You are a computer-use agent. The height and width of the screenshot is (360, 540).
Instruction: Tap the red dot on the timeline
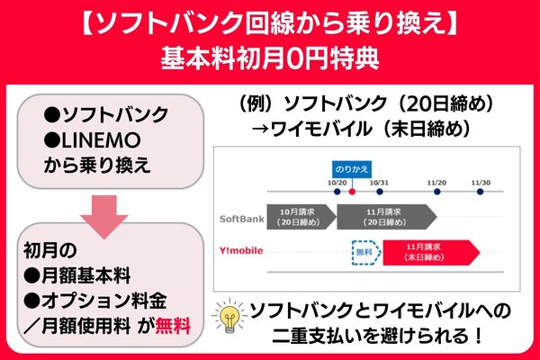(x=352, y=191)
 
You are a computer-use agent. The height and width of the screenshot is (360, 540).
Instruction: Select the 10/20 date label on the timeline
(x=338, y=182)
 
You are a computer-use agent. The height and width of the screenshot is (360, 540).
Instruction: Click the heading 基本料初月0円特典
(x=270, y=56)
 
